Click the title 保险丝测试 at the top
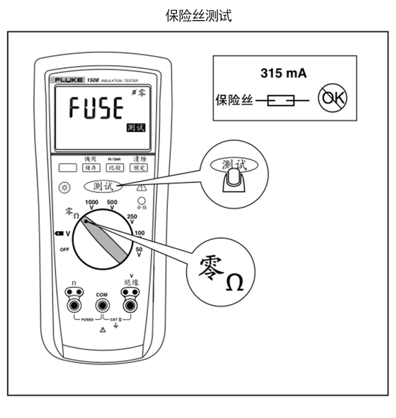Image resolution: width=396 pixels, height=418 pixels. coord(198,16)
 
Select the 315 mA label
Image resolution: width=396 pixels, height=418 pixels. coord(283,73)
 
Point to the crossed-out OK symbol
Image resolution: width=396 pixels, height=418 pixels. coord(332,98)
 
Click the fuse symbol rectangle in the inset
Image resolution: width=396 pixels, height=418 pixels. coord(281,100)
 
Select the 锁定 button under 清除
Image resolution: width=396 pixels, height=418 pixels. coord(138,168)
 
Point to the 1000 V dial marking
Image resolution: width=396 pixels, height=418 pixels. coord(91,204)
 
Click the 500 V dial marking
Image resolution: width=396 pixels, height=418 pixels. coord(112,204)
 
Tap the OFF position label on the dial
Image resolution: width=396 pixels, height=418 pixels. coord(64,250)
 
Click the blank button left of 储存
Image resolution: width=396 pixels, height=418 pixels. coord(67,168)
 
